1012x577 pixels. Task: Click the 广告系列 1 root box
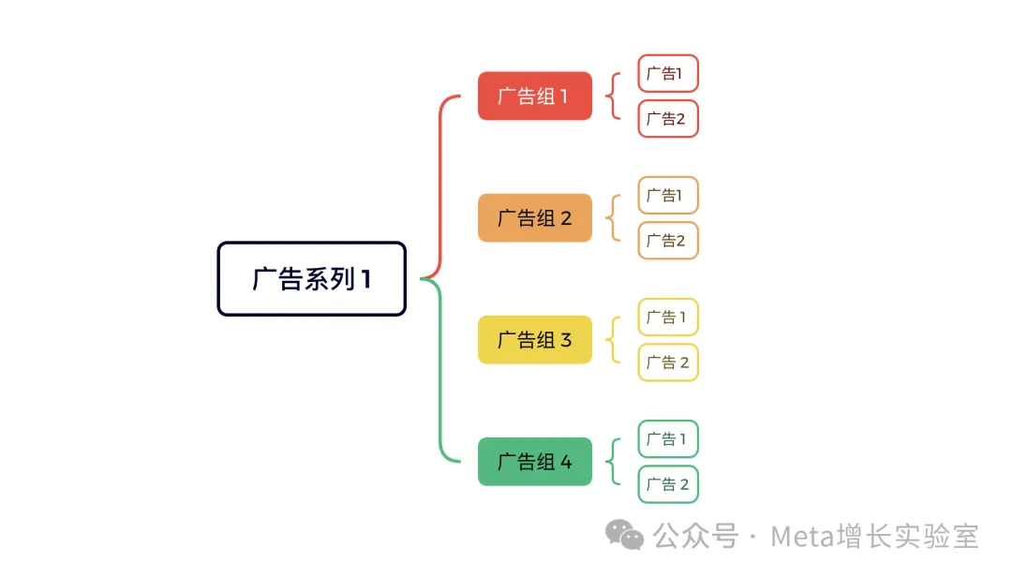click(x=311, y=279)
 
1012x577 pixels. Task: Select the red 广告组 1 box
click(x=535, y=96)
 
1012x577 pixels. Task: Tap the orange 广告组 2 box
click(x=535, y=218)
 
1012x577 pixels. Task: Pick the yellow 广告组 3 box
click(x=535, y=340)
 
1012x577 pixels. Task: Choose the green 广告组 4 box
click(x=535, y=462)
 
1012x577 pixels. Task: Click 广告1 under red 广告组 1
click(x=668, y=73)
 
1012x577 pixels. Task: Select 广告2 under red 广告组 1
click(x=668, y=119)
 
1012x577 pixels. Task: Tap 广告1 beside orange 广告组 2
click(x=668, y=195)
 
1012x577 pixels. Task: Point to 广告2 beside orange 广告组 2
click(x=668, y=241)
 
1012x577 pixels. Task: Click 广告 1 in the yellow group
click(x=668, y=317)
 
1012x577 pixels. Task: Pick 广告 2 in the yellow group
click(x=668, y=362)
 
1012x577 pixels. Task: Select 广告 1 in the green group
click(x=668, y=438)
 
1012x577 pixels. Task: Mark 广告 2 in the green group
click(x=668, y=484)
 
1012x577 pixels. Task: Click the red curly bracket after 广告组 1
click(x=614, y=96)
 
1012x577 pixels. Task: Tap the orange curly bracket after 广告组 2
click(x=614, y=218)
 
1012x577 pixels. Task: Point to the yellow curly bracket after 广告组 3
click(x=614, y=340)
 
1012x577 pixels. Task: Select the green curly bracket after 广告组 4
click(x=614, y=462)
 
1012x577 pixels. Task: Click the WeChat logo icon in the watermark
click(x=624, y=536)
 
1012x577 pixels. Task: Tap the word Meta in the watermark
click(x=800, y=537)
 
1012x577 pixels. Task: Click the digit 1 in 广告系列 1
click(x=365, y=279)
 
